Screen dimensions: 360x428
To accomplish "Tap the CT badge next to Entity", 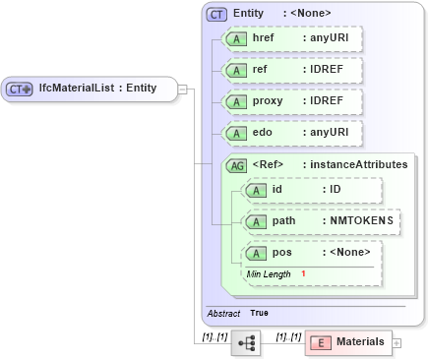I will click(216, 14).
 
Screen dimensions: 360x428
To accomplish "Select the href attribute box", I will click(291, 38).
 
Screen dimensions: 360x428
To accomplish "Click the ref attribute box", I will click(291, 70).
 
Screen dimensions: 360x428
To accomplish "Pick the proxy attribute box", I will click(291, 101).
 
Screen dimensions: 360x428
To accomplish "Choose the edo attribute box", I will click(291, 133).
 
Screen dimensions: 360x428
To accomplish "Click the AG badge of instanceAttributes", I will click(236, 165).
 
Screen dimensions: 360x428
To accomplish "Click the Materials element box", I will click(347, 342).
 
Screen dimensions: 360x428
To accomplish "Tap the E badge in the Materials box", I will click(321, 342).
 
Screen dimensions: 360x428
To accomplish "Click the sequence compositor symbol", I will click(246, 342).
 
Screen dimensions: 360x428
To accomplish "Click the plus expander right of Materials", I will click(397, 342).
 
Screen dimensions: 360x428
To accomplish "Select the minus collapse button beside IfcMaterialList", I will click(183, 89).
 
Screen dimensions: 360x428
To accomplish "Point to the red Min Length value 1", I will click(304, 273).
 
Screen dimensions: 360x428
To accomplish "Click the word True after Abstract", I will click(259, 313).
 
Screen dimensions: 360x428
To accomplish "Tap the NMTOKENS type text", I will click(360, 221).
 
